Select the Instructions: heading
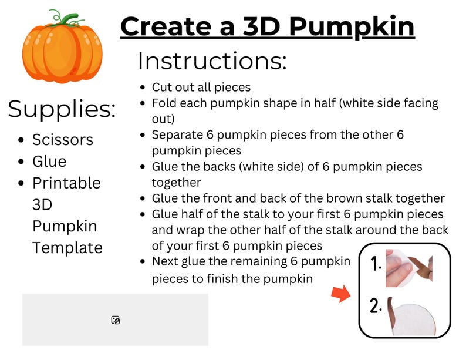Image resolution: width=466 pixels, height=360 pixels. (x=212, y=61)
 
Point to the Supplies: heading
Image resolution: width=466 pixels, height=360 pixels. (x=62, y=109)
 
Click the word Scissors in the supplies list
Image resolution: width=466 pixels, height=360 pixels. (x=63, y=140)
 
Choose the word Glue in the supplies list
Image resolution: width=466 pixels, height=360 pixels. (x=49, y=162)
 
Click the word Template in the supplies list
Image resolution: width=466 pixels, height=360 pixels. (x=67, y=248)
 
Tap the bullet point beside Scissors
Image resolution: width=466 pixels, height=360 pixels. (x=22, y=140)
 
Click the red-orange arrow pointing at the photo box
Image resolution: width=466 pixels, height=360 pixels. (x=340, y=294)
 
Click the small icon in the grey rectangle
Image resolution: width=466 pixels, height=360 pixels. (x=116, y=320)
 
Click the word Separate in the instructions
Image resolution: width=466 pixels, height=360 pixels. (x=175, y=134)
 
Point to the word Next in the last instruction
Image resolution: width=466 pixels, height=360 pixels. (x=165, y=261)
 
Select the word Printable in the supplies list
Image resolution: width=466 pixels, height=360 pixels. (x=66, y=183)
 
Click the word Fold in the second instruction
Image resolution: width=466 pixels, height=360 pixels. (x=164, y=103)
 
